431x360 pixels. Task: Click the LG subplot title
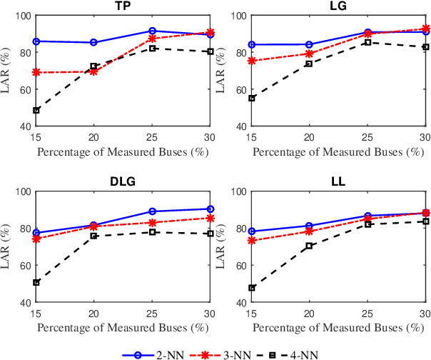coord(338,6)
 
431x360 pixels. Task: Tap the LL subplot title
coord(338,182)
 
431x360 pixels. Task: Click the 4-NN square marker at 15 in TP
coord(36,110)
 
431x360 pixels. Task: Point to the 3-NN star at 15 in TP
coord(36,72)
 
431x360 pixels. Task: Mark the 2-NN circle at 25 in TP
coord(152,31)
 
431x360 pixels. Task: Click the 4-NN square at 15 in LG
coord(251,98)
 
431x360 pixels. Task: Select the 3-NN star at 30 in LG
coord(425,29)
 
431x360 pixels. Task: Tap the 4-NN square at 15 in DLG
coord(36,282)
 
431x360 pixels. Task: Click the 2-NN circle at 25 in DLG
coord(152,211)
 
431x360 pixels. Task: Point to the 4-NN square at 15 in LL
coord(251,288)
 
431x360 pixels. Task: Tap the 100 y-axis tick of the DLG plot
coord(21,191)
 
